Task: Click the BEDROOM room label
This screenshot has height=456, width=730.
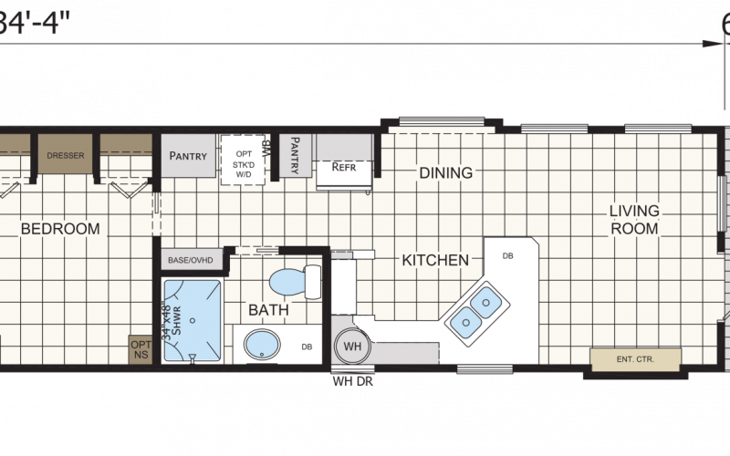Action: pyautogui.click(x=60, y=229)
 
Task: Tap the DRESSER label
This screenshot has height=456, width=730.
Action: pyautogui.click(x=66, y=156)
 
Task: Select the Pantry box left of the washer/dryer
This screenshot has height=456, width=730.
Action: pyautogui.click(x=188, y=156)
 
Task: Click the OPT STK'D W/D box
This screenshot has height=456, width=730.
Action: pyautogui.click(x=244, y=159)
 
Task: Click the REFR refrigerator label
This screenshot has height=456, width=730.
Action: pyautogui.click(x=343, y=167)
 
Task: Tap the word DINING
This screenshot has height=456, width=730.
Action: pyautogui.click(x=445, y=172)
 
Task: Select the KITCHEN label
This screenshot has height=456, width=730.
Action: pyautogui.click(x=435, y=261)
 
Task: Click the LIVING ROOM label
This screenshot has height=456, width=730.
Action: pyautogui.click(x=634, y=220)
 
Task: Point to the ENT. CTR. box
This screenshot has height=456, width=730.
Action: pyautogui.click(x=635, y=359)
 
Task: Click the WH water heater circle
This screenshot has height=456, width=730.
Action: pyautogui.click(x=351, y=347)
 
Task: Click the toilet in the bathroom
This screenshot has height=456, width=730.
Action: pyautogui.click(x=294, y=280)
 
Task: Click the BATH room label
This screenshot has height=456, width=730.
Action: pyautogui.click(x=268, y=310)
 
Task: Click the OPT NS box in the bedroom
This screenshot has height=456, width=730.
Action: pyautogui.click(x=141, y=350)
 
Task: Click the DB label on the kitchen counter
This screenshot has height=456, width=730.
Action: pyautogui.click(x=507, y=255)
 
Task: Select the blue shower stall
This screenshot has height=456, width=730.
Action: pyautogui.click(x=193, y=320)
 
